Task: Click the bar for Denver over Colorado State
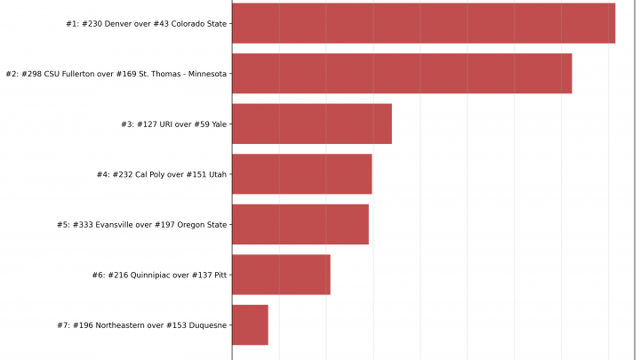click(423, 23)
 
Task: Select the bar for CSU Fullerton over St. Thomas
click(402, 74)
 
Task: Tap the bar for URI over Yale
click(312, 124)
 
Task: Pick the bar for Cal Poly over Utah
click(302, 174)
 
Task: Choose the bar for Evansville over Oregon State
click(300, 225)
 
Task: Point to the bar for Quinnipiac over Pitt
click(281, 275)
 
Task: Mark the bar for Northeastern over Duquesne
click(250, 325)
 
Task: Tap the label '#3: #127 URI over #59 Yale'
click(173, 124)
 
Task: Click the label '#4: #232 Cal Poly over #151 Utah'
click(161, 175)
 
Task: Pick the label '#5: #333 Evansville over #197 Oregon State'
click(141, 225)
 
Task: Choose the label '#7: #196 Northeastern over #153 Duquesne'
click(141, 325)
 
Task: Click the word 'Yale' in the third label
click(218, 124)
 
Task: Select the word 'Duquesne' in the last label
click(206, 325)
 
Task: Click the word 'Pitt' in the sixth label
click(218, 276)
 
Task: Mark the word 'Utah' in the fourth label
click(217, 175)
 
